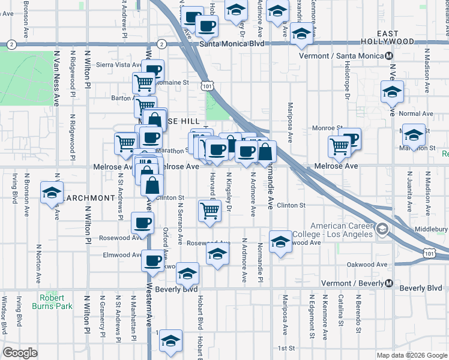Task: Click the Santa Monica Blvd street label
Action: tap(232, 44)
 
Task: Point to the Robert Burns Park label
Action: tap(56, 302)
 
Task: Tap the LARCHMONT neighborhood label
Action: tap(90, 198)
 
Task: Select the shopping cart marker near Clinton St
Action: tap(209, 211)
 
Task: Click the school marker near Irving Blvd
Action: tap(52, 193)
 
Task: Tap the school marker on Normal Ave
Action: tap(392, 92)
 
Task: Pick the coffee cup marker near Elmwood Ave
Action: tap(152, 261)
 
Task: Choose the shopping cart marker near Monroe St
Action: tap(340, 146)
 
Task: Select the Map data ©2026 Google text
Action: tap(412, 355)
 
